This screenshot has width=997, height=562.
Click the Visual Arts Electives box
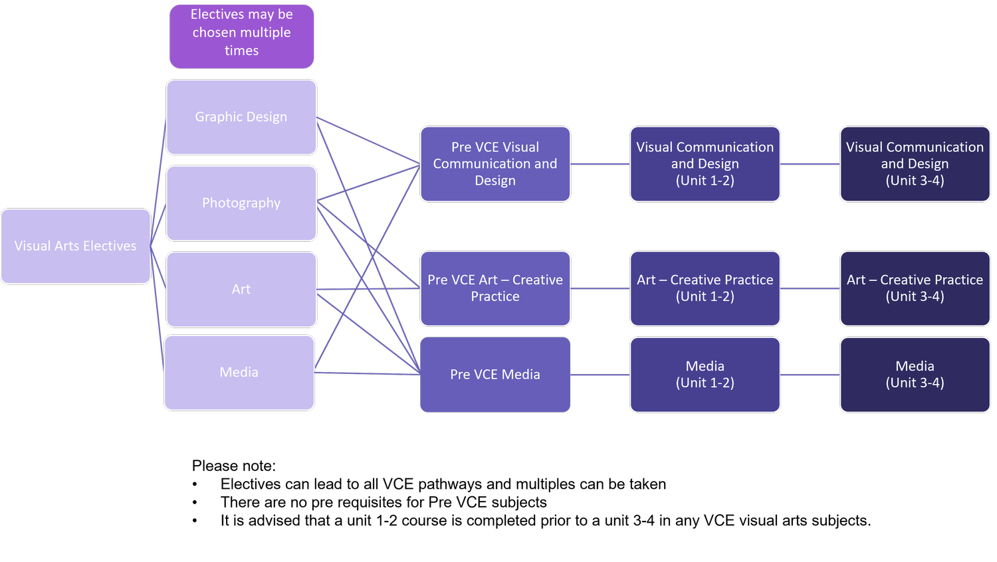click(76, 246)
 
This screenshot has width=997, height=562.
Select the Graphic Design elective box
click(241, 117)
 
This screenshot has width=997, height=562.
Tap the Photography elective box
click(241, 203)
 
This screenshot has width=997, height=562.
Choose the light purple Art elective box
click(241, 289)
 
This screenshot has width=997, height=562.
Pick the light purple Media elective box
click(239, 373)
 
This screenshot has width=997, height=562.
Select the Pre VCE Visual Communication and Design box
click(495, 164)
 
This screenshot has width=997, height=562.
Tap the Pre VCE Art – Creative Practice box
click(495, 288)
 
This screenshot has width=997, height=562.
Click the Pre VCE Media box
click(495, 375)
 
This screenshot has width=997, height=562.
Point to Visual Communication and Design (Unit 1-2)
click(705, 164)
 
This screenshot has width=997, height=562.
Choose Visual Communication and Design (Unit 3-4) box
click(915, 164)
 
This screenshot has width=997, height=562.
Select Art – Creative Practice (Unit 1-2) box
click(705, 288)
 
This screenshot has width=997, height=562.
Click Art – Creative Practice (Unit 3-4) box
click(915, 288)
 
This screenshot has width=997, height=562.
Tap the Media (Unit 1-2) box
click(705, 375)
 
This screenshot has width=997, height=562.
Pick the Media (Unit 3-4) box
click(915, 375)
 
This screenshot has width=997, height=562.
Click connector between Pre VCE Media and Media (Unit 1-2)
click(600, 375)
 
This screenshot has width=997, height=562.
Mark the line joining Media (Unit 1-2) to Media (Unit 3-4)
click(810, 375)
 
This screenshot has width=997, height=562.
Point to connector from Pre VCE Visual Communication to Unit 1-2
click(600, 164)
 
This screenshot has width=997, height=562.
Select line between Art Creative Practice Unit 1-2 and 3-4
click(810, 289)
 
